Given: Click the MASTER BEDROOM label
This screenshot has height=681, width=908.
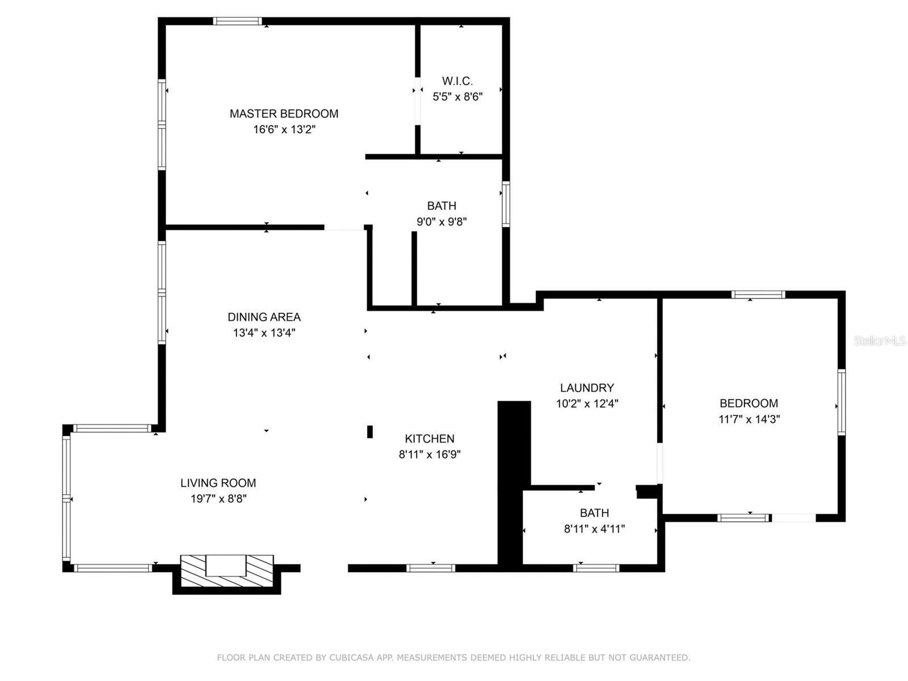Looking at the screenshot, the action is [x=284, y=113].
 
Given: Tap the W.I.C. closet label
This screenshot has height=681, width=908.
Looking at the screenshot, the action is [x=457, y=81].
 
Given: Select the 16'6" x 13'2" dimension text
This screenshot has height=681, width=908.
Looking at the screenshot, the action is [x=284, y=129].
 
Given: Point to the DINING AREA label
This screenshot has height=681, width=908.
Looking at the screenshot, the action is [x=264, y=317].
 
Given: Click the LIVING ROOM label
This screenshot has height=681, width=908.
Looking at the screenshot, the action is [x=218, y=483].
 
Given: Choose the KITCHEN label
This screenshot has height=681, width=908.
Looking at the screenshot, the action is [x=430, y=439].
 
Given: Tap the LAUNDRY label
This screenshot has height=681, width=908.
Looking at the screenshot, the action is [x=587, y=388].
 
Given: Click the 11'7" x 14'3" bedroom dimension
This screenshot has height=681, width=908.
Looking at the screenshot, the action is [x=749, y=419].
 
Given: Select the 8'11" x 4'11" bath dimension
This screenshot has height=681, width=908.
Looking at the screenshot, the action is [x=594, y=529].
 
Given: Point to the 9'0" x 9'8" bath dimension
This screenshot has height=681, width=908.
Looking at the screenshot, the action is [x=442, y=222].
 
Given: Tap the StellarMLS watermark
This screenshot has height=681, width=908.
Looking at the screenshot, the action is [x=880, y=341].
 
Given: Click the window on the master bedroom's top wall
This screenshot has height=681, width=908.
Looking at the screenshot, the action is [x=237, y=21].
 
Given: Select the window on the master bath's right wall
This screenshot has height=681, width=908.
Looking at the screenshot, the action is [x=506, y=204].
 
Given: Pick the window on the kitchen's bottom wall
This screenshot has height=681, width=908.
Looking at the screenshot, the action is [x=431, y=569].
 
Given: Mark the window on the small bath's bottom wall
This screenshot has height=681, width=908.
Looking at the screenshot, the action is [x=596, y=569].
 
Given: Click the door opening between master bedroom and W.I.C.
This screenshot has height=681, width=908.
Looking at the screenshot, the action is [x=418, y=101].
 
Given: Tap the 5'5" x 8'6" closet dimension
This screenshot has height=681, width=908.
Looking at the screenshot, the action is [x=457, y=96].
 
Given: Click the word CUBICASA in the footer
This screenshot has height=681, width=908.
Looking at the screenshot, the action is [x=351, y=657].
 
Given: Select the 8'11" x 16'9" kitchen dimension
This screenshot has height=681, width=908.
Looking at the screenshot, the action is [x=430, y=455].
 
